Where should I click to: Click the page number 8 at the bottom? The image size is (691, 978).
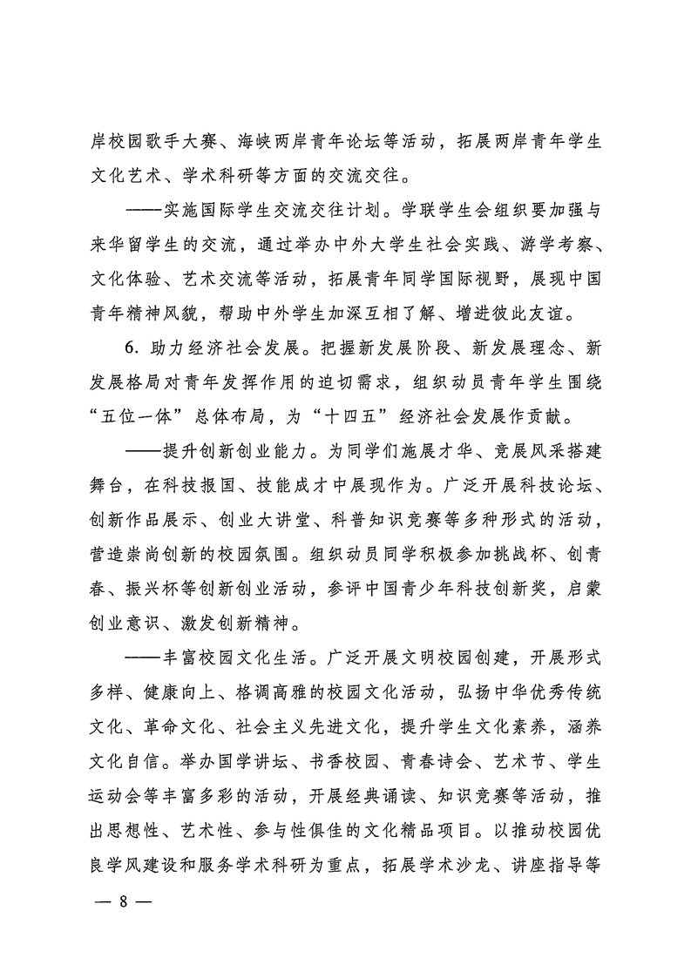[x=123, y=926]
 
